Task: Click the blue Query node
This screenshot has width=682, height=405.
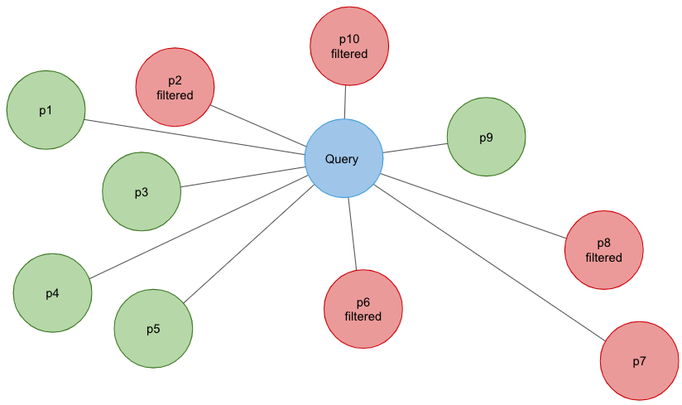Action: pos(343,158)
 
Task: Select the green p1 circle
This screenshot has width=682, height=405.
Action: pos(46,110)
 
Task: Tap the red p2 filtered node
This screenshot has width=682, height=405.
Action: pos(175,87)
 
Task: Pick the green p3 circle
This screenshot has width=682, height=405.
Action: pos(142,191)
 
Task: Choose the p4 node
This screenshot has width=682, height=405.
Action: pos(53,292)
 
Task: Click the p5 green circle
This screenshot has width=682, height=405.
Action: pos(154,329)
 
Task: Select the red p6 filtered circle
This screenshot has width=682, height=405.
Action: pos(363,309)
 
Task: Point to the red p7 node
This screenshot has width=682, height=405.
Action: pos(639,360)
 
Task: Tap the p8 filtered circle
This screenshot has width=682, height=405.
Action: pos(603,250)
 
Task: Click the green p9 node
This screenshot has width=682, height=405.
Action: pos(487,137)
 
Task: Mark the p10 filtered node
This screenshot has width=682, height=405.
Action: pos(349,46)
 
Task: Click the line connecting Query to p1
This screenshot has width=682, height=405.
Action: pos(195,137)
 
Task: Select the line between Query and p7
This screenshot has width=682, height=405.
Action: pos(489,263)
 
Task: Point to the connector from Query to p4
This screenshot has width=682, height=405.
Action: pos(199,227)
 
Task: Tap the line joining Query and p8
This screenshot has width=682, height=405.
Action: pos(473,206)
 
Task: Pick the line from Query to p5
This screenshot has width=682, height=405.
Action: pos(249,243)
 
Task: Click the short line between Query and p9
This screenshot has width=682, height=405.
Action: pos(415,148)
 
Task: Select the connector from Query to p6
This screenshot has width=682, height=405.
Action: pos(353,234)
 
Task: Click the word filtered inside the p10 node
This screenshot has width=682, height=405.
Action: pos(349,54)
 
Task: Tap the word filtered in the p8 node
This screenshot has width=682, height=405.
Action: pos(603,258)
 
